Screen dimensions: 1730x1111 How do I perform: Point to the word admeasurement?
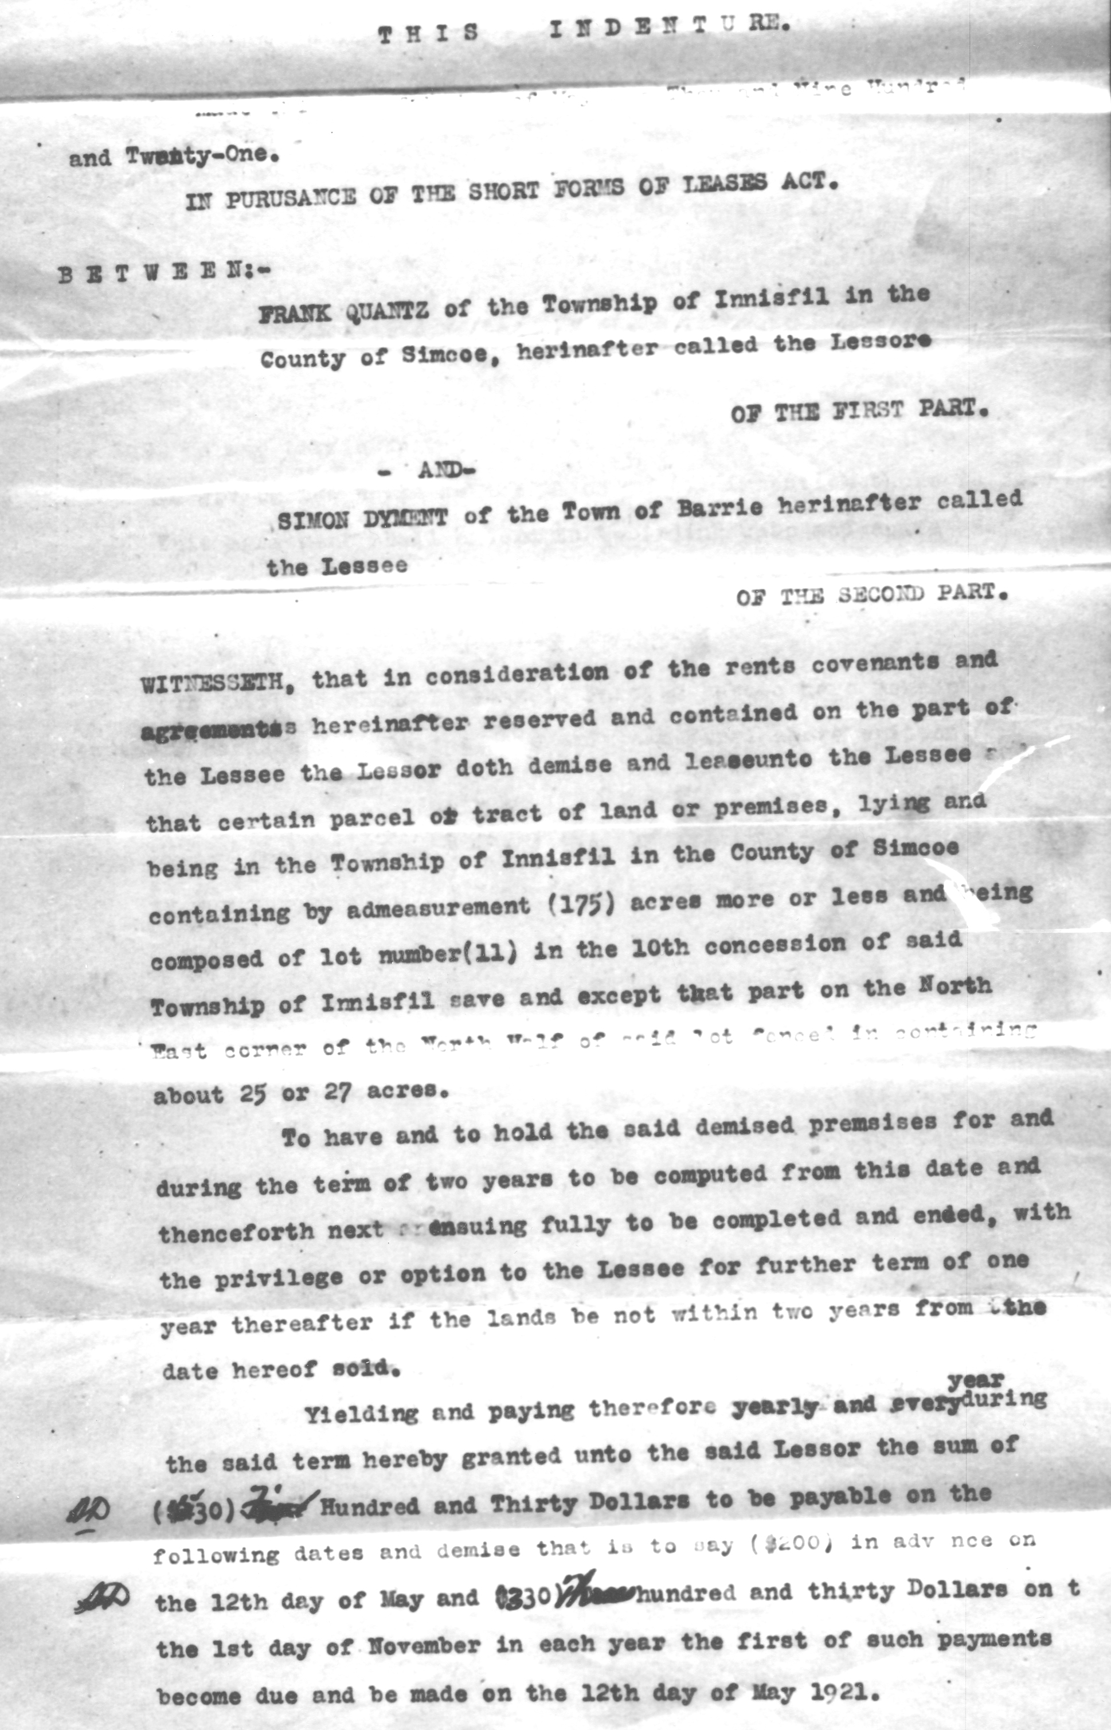pos(437,907)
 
